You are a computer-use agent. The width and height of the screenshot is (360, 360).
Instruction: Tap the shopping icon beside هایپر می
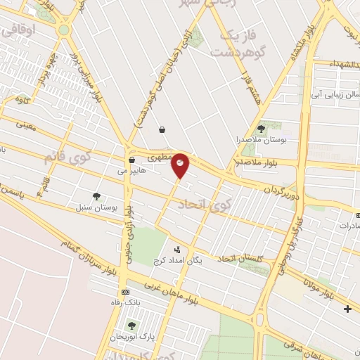click(131, 160)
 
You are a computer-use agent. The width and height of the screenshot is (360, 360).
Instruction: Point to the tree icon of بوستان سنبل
click(96, 197)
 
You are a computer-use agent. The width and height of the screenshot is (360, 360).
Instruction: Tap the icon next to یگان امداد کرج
click(176, 249)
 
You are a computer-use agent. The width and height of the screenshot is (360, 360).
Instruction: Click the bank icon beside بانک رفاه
click(125, 292)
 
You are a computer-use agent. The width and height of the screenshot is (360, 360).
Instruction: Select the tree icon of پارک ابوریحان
click(131, 325)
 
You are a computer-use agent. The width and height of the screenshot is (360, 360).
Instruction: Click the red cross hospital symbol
click(347, 309)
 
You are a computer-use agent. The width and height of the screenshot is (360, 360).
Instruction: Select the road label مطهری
click(162, 153)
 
